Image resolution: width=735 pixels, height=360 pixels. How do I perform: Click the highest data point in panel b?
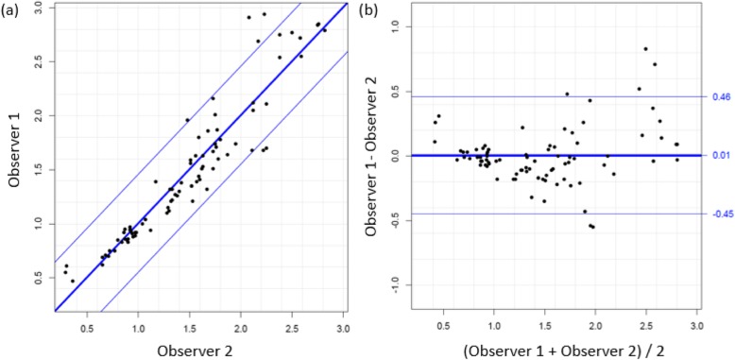tap(645, 48)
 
